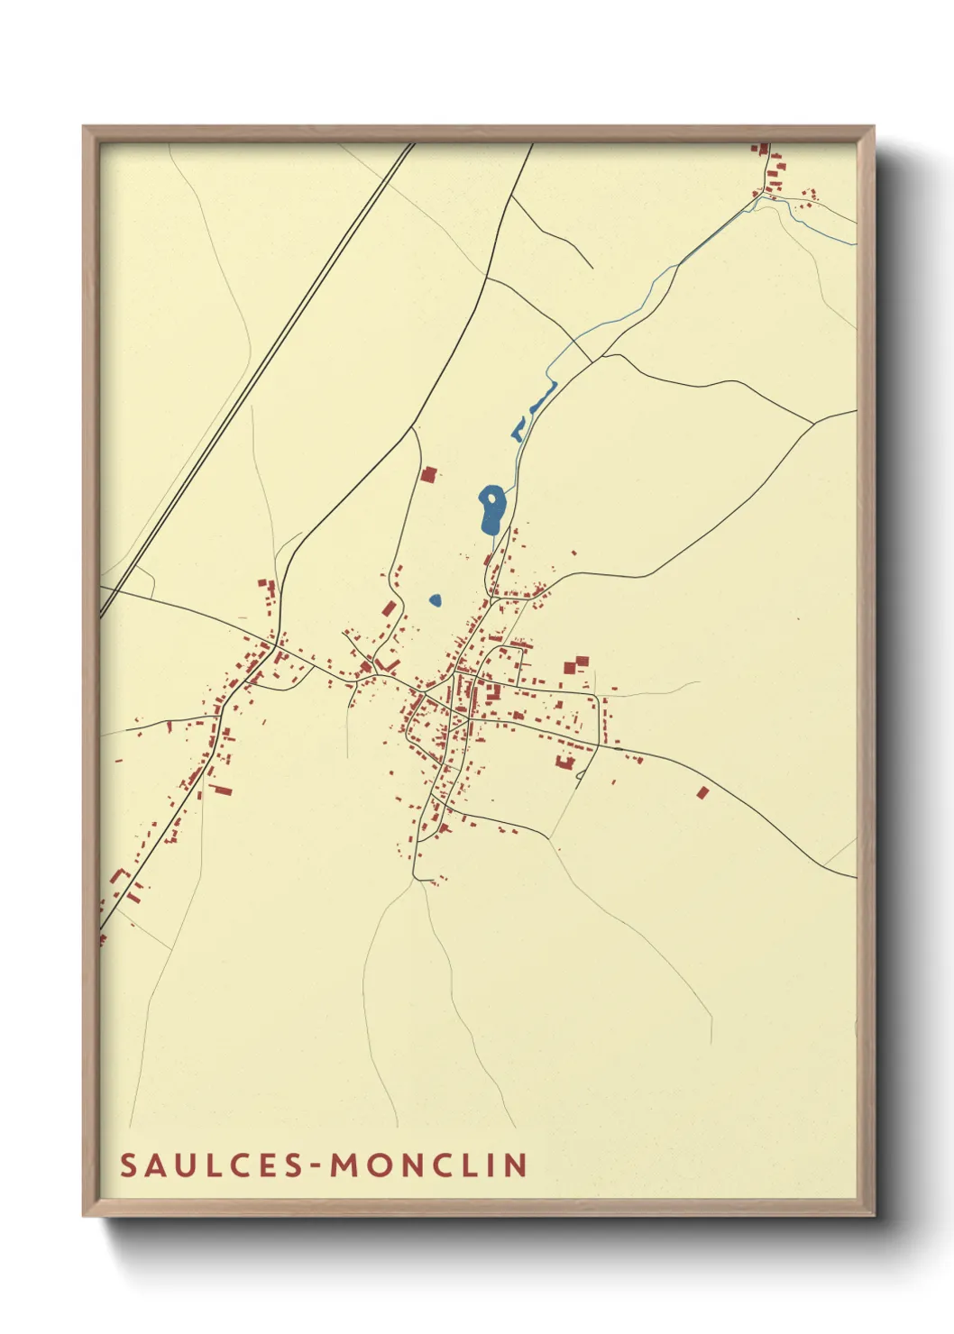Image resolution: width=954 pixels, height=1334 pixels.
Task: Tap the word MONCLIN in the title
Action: (x=429, y=1165)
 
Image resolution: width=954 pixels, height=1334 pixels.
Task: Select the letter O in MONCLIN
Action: (x=377, y=1165)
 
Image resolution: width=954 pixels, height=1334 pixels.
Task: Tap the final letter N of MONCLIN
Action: (x=518, y=1165)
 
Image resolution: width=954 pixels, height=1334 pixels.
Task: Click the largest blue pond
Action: (x=491, y=512)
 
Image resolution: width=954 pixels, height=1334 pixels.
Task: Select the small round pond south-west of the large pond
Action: (x=436, y=599)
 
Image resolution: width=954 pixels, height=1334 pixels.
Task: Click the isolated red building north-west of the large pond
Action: (x=429, y=474)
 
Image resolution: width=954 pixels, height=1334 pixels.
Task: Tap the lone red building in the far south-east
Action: (x=703, y=792)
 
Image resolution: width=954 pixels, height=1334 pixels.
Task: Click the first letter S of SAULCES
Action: (x=127, y=1165)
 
